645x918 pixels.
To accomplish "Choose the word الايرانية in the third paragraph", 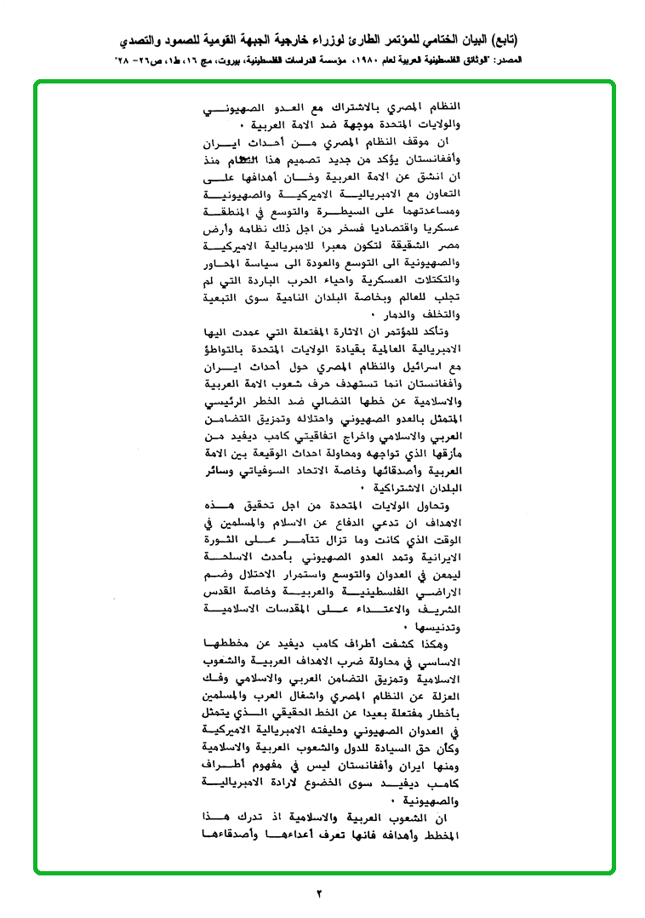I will [435, 558].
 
